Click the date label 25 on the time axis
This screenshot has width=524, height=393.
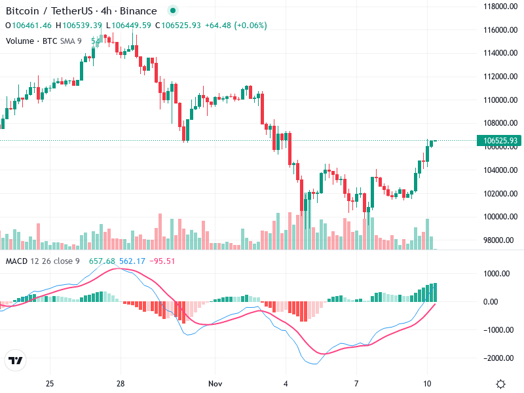(50, 383)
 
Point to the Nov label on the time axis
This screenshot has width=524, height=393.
(214, 383)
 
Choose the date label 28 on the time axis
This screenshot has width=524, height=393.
(121, 383)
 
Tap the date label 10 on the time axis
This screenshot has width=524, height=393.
(426, 383)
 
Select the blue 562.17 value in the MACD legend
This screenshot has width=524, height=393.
(132, 261)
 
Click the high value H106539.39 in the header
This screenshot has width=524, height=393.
(79, 26)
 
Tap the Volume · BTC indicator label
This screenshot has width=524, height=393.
(31, 41)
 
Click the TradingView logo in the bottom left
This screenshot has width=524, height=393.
(15, 361)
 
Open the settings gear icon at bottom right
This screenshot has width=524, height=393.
(501, 383)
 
